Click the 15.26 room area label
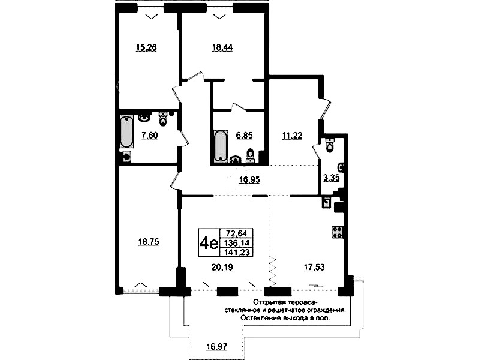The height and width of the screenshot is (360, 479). (146, 48)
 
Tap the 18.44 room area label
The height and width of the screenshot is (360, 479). (222, 48)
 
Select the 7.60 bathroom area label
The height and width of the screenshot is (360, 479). (150, 135)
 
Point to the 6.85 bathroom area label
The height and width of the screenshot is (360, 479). (245, 135)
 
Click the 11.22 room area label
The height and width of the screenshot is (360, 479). (293, 136)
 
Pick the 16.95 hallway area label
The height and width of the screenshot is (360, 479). (249, 179)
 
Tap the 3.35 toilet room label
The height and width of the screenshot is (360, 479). (332, 178)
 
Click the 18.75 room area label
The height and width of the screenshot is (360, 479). (149, 242)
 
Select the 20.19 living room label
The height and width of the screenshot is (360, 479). (222, 268)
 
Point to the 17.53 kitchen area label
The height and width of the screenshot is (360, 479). (314, 268)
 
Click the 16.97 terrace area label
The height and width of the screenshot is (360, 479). (217, 347)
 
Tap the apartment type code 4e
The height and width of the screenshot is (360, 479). (209, 243)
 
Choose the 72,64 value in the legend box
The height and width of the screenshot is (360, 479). (236, 233)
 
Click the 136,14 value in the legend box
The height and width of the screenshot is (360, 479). (237, 243)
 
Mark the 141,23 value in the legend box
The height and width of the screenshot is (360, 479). (237, 252)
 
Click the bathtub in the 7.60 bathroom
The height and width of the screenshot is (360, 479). (126, 131)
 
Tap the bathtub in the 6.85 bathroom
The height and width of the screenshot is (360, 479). (221, 146)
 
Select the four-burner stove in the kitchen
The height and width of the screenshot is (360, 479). (337, 232)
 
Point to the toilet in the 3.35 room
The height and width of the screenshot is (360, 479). (330, 145)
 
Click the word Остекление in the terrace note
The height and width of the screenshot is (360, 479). (258, 318)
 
